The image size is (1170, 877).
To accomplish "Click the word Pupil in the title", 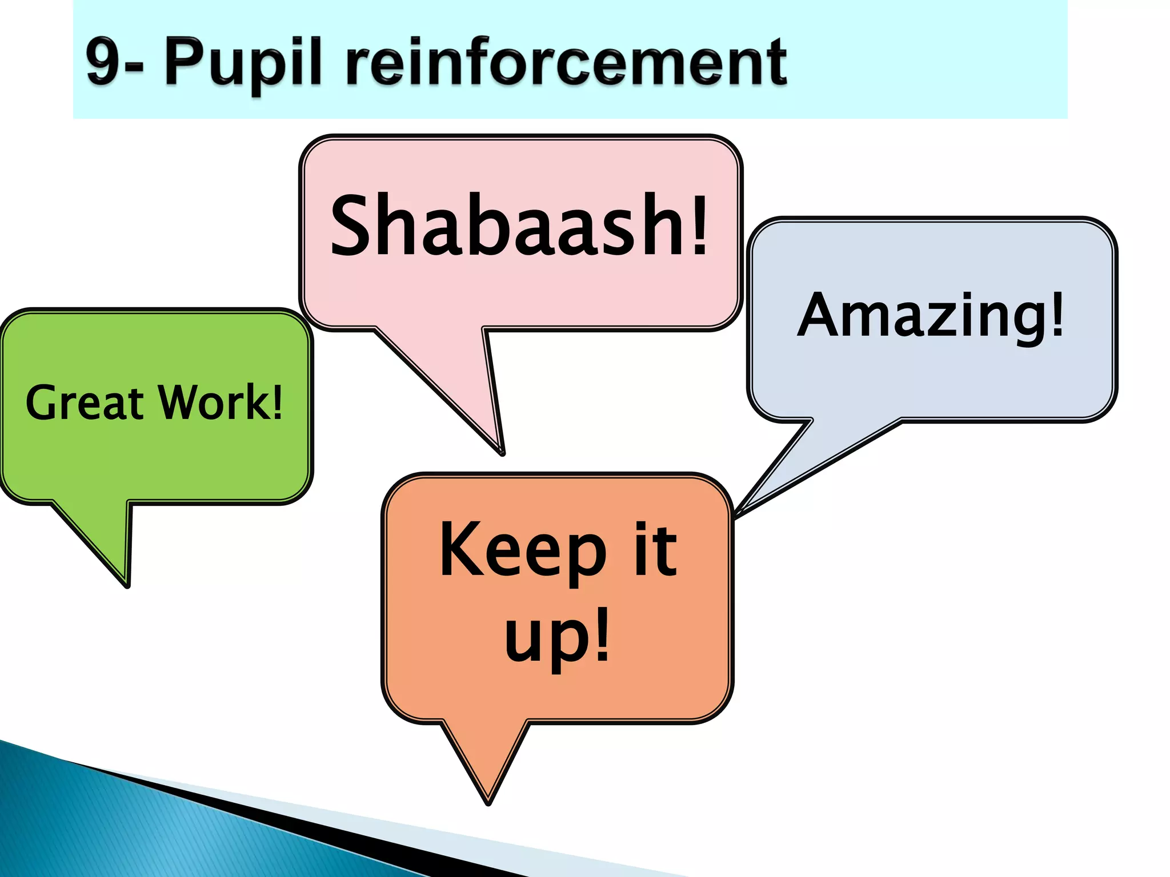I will tap(243, 63).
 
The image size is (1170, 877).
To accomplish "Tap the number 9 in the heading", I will tap(103, 62).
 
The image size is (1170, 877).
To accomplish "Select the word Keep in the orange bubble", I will tap(523, 551).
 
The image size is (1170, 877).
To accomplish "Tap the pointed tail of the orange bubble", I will tap(489, 794).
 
